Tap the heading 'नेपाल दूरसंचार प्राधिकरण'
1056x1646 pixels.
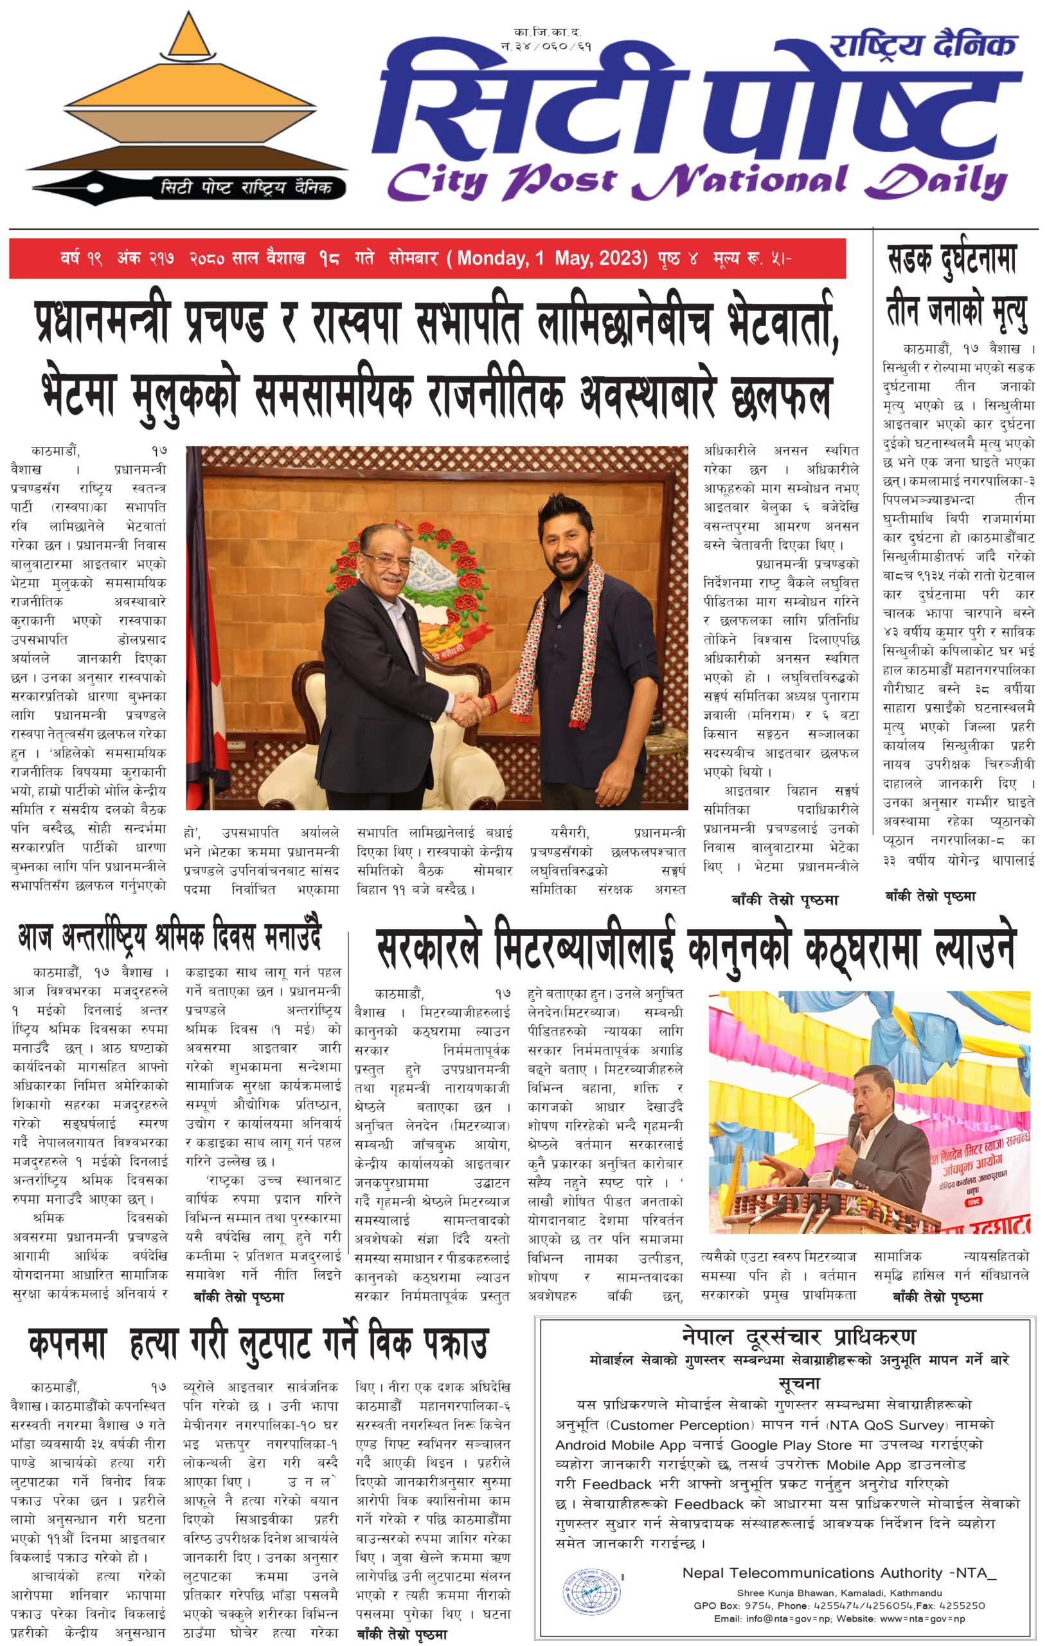click(x=798, y=1337)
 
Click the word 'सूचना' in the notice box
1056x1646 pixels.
click(x=799, y=1382)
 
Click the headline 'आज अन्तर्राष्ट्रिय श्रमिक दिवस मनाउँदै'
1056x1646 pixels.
click(x=170, y=937)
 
